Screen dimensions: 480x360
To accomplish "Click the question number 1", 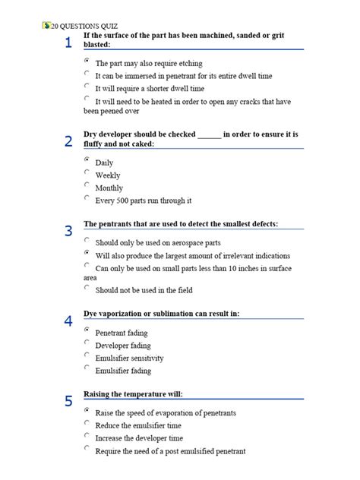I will [x=68, y=43].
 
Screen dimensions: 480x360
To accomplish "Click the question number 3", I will [x=68, y=231].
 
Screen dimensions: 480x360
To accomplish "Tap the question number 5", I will [x=68, y=401].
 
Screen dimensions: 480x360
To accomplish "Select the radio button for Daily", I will [x=87, y=160].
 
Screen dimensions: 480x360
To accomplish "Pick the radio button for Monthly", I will [x=87, y=185].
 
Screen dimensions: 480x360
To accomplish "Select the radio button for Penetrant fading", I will [x=87, y=330].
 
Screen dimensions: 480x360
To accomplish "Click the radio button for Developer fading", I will [x=87, y=343].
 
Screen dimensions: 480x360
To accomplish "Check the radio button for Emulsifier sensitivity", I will [x=87, y=355].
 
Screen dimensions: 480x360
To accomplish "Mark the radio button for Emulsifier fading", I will [x=87, y=368].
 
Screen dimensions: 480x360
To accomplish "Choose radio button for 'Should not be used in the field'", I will [x=87, y=288].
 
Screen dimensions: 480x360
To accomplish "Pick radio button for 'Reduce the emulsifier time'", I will [x=87, y=423].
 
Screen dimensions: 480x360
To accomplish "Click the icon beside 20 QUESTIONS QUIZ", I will [x=46, y=25].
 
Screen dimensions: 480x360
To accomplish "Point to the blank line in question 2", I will [x=209, y=135].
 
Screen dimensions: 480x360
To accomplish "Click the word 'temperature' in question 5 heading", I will [x=144, y=394].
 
